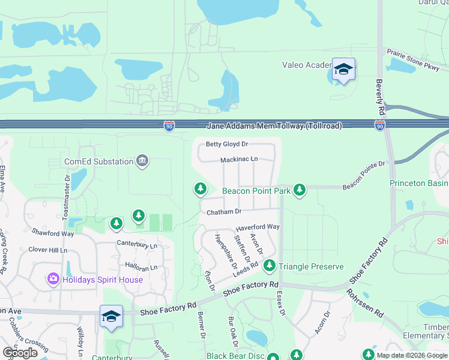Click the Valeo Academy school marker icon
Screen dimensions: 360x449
click(x=343, y=70)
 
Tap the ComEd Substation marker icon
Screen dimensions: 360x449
click(x=142, y=161)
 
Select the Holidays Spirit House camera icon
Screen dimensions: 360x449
click(x=53, y=279)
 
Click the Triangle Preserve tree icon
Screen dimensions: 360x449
click(x=270, y=265)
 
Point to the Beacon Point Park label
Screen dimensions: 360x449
click(x=256, y=191)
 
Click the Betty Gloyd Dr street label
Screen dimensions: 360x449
click(x=227, y=144)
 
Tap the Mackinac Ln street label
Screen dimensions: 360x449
click(x=238, y=160)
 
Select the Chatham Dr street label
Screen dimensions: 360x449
click(x=223, y=212)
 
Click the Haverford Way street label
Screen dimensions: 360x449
click(x=258, y=227)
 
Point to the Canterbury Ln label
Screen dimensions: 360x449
click(x=136, y=245)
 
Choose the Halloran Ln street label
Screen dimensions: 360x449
click(x=141, y=267)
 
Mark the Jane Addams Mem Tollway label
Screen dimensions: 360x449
click(x=274, y=126)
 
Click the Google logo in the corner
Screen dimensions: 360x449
click(x=20, y=353)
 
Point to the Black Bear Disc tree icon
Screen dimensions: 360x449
click(x=273, y=356)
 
